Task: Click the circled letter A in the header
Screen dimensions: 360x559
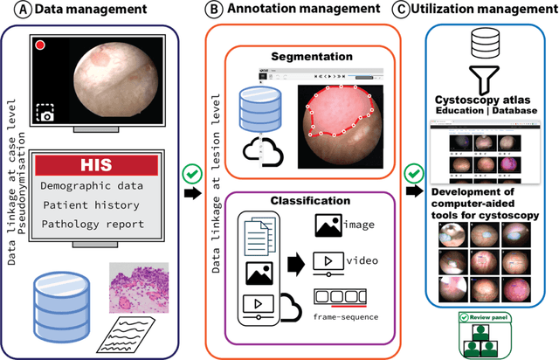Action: click(12, 11)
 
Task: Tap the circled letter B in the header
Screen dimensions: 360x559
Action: click(212, 11)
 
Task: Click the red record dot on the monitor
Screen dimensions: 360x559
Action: click(38, 45)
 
